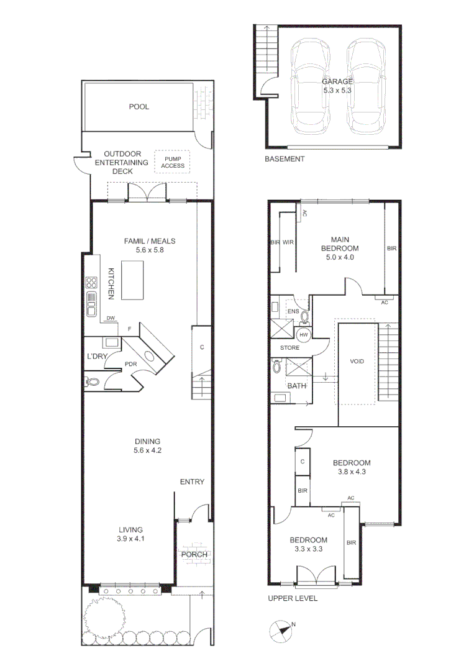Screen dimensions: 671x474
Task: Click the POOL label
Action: (139, 107)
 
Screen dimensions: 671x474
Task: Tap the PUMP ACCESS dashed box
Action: (173, 162)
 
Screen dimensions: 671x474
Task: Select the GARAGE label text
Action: (337, 81)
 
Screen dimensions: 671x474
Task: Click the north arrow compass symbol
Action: (281, 631)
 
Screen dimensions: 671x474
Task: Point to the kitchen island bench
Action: (132, 280)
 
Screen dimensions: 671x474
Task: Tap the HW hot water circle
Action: (304, 335)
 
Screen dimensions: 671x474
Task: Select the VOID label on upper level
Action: (357, 362)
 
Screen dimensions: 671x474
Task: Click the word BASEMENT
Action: (285, 159)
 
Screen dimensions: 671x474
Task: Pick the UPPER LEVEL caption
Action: (293, 599)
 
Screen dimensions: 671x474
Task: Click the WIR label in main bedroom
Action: (288, 242)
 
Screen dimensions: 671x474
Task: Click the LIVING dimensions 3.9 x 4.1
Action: (131, 539)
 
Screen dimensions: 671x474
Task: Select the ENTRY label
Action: (192, 482)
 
